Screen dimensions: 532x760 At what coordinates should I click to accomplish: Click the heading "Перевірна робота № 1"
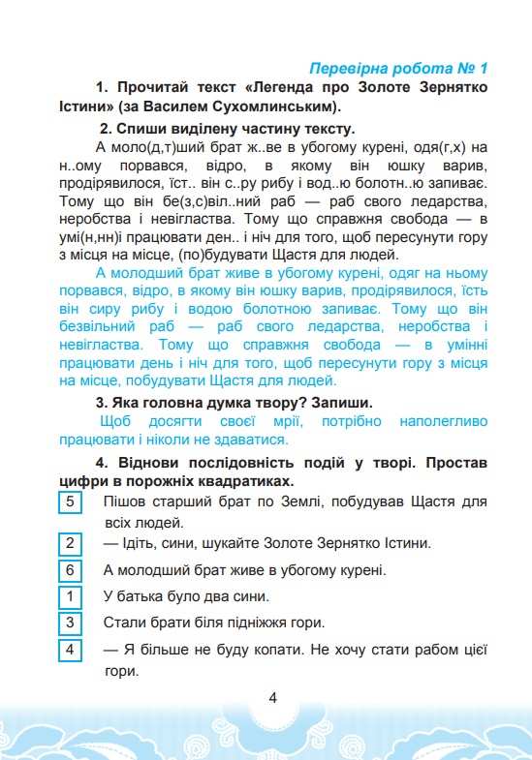(x=396, y=69)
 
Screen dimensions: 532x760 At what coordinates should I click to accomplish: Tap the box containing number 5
(x=69, y=502)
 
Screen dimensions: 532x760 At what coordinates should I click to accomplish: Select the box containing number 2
(x=69, y=542)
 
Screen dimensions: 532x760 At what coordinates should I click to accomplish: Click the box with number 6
(x=69, y=569)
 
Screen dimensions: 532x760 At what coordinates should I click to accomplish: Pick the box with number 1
(x=69, y=595)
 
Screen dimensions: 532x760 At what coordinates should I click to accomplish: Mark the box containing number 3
(x=69, y=622)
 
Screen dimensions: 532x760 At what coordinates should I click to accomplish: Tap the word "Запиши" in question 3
(x=337, y=402)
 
